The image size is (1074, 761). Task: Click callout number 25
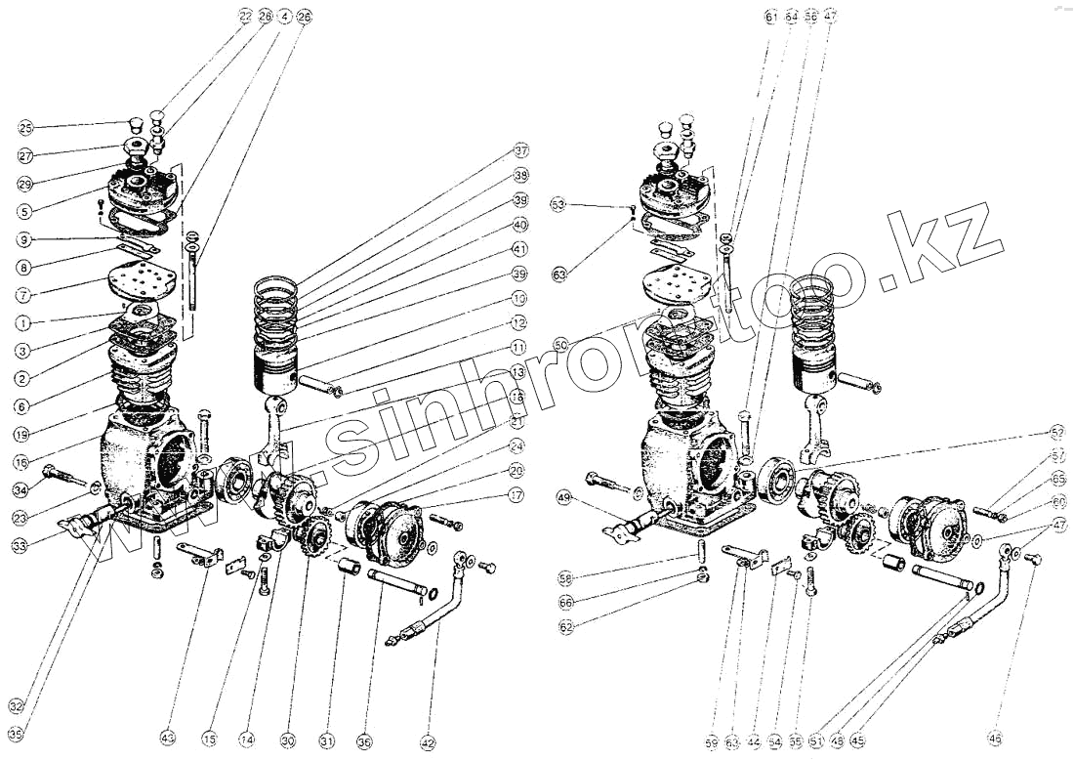click(x=25, y=128)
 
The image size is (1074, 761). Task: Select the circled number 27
click(x=25, y=154)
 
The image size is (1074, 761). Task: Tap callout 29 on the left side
click(x=25, y=183)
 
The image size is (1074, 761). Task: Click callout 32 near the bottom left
click(x=15, y=705)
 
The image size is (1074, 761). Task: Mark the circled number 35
click(x=15, y=734)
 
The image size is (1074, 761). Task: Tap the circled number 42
click(x=427, y=742)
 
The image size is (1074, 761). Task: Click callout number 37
click(x=521, y=151)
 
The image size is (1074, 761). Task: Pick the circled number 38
click(x=521, y=176)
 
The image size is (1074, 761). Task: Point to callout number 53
click(x=558, y=205)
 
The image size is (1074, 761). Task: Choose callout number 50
click(x=559, y=345)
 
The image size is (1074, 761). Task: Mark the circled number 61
click(x=771, y=17)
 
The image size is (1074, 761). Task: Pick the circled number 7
click(x=25, y=294)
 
